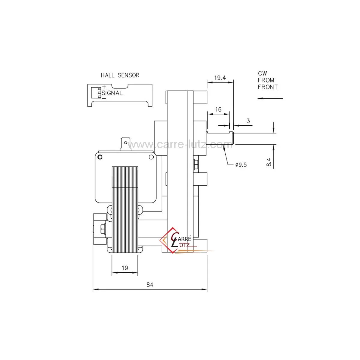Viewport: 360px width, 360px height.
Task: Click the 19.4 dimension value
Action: pyautogui.click(x=220, y=78)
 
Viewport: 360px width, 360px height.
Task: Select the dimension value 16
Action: pyautogui.click(x=218, y=109)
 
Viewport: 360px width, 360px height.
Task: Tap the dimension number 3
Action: pyautogui.click(x=248, y=121)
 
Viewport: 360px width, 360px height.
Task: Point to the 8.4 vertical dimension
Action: pyautogui.click(x=268, y=162)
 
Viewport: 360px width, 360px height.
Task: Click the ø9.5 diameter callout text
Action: pyautogui.click(x=241, y=165)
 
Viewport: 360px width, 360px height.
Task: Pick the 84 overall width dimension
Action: pyautogui.click(x=150, y=284)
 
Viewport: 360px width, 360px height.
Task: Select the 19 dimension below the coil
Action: pyautogui.click(x=125, y=268)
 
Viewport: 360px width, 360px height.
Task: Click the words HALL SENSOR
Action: pyautogui.click(x=120, y=75)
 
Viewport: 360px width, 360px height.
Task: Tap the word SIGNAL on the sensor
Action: pyautogui.click(x=112, y=93)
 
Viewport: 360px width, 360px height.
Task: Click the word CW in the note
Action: pyautogui.click(x=262, y=73)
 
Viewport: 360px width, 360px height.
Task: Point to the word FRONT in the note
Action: pyautogui.click(x=268, y=87)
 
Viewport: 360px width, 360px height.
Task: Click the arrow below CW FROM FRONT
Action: pyautogui.click(x=270, y=98)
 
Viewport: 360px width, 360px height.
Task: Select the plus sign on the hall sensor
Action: pyautogui.click(x=104, y=87)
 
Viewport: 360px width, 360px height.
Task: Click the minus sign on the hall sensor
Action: pyautogui.click(x=104, y=98)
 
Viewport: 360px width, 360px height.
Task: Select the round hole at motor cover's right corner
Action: pyautogui.click(x=151, y=157)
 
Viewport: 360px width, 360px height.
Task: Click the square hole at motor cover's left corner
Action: pyautogui.click(x=100, y=157)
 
